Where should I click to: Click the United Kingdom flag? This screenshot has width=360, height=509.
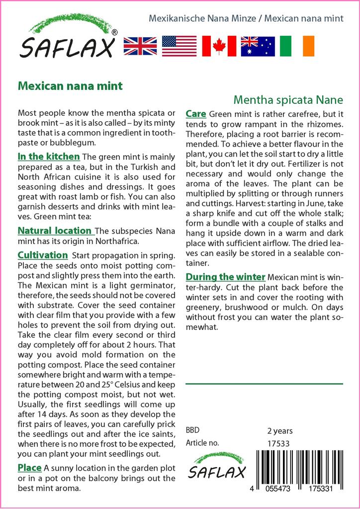tap(140, 46)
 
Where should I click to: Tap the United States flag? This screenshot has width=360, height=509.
tap(180, 46)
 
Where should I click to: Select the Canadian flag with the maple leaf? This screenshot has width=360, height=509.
tap(219, 46)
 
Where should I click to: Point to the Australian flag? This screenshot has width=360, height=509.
tap(258, 46)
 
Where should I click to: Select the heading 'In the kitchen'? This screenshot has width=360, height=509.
tap(48, 157)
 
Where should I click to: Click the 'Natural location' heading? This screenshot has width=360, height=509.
tap(55, 231)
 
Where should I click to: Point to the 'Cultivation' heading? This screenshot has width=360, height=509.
tap(43, 255)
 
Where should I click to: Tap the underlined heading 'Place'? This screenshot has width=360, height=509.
tap(29, 468)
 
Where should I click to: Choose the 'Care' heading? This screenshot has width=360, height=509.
tap(196, 114)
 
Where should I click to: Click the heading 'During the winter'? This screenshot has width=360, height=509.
tap(226, 277)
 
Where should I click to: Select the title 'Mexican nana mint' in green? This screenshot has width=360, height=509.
tap(70, 85)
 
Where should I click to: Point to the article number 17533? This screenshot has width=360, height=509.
tap(278, 443)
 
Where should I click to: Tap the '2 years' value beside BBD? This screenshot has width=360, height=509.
tap(280, 430)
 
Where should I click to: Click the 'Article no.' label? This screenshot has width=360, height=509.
tap(202, 443)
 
